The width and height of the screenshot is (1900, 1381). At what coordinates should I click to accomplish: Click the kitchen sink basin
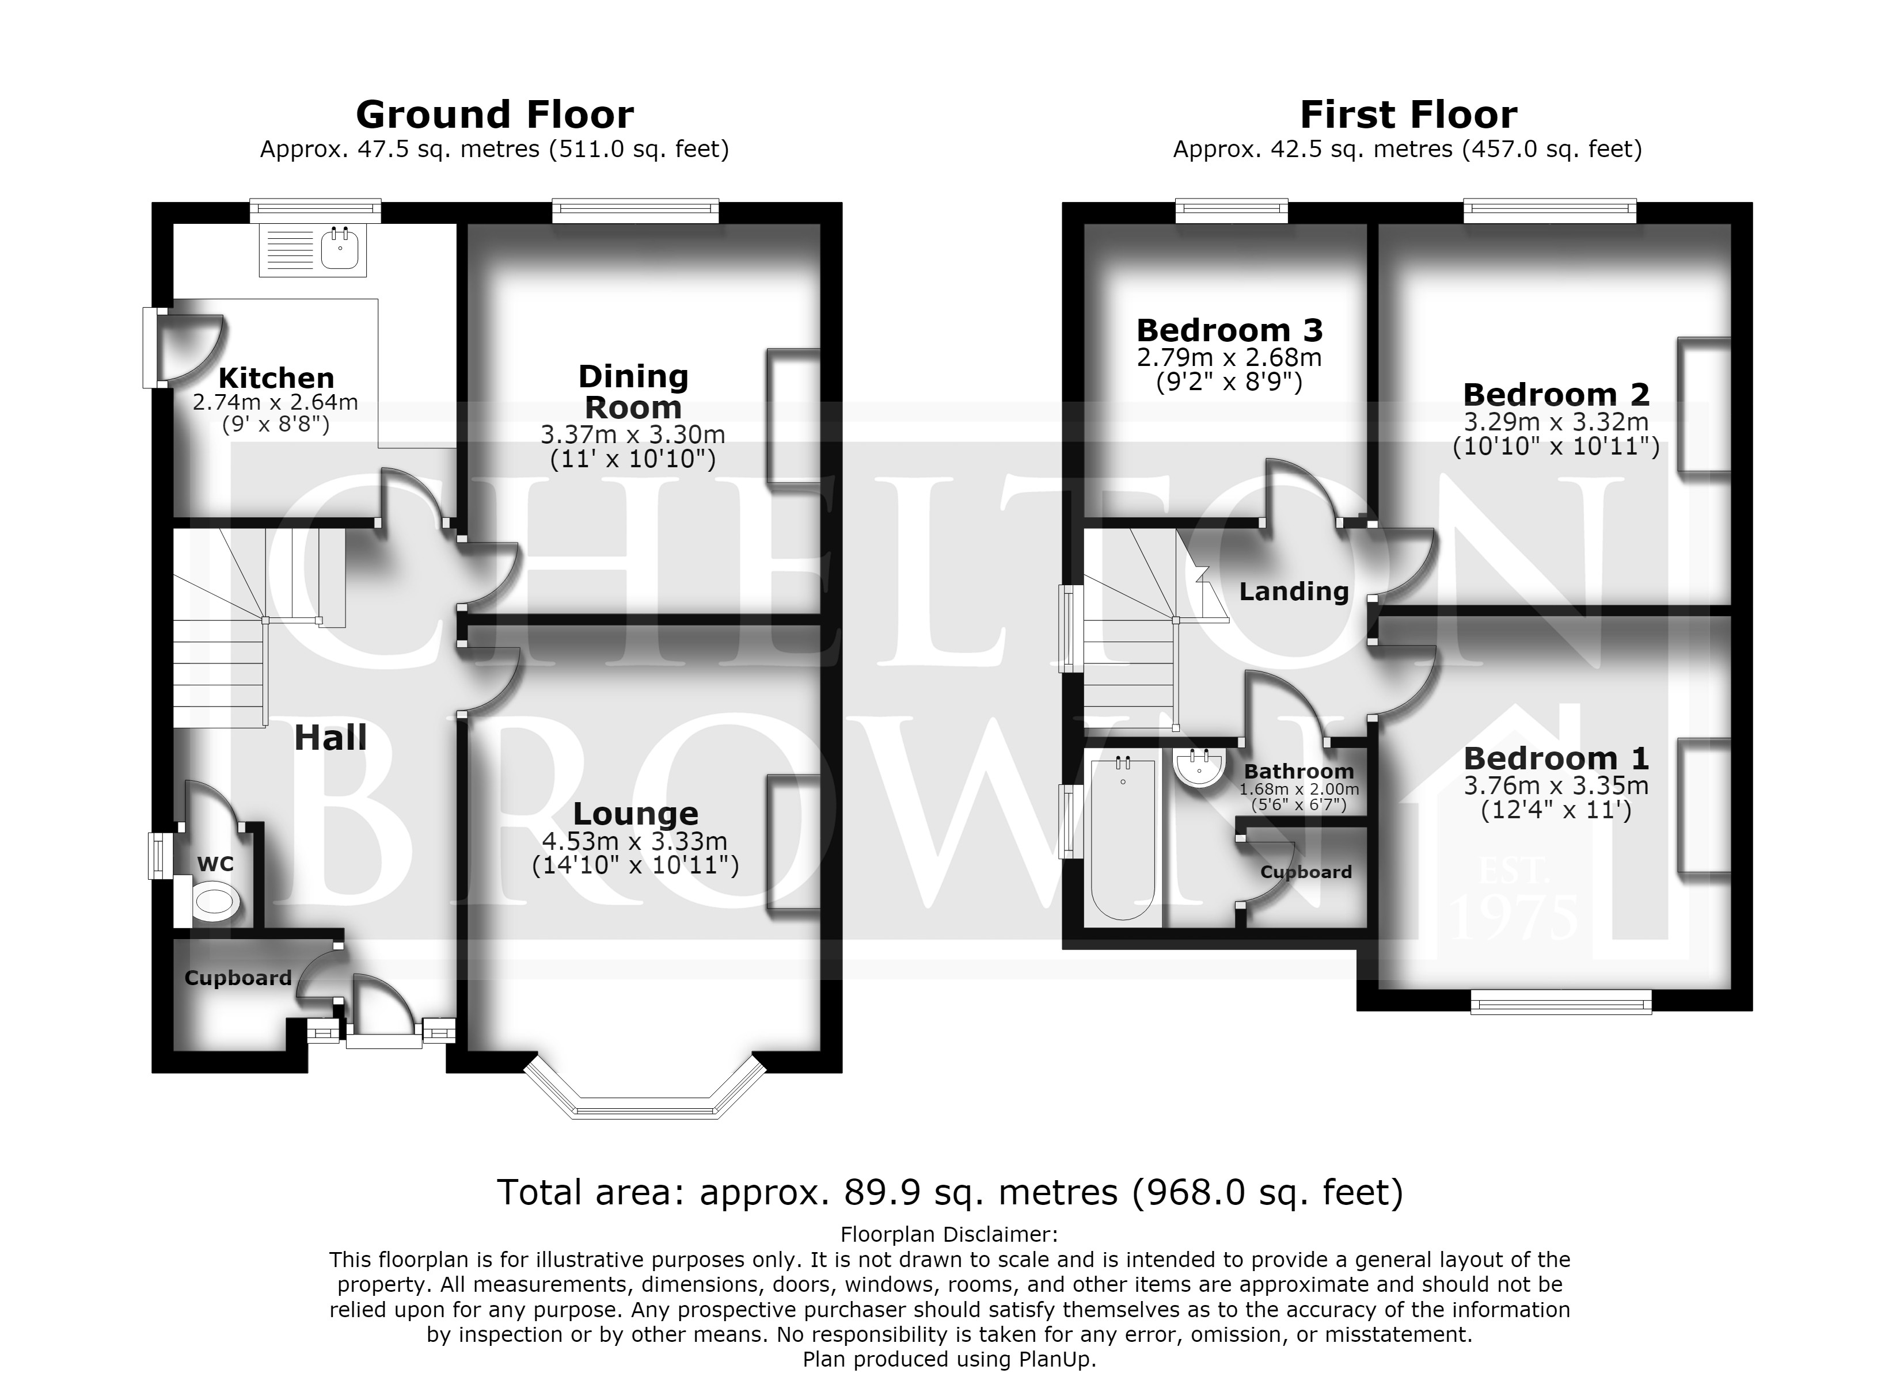(340, 248)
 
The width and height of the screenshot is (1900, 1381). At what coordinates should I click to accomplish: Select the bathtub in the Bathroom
(1123, 838)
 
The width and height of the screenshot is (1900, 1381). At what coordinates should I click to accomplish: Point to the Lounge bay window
(645, 1089)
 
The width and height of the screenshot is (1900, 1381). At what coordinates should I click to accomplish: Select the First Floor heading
(1408, 115)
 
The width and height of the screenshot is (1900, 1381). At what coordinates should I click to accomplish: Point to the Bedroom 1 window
(1561, 1002)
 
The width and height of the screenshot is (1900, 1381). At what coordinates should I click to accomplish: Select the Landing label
(1294, 592)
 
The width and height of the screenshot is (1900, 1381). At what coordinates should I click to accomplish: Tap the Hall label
(331, 738)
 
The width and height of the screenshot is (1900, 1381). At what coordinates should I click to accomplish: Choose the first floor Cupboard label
(1306, 872)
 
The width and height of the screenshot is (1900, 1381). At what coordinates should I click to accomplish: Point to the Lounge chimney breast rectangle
(792, 842)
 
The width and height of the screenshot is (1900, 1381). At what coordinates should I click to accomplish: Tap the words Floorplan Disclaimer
(949, 1234)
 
